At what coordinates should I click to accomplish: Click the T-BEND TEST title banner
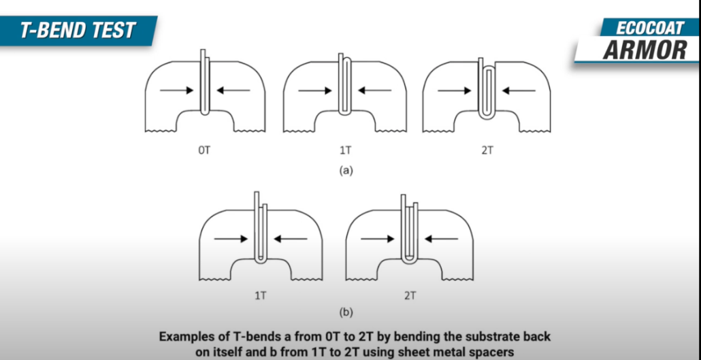(x=78, y=31)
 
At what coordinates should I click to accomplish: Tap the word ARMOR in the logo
(x=645, y=50)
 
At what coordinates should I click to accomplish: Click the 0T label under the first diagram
(x=204, y=150)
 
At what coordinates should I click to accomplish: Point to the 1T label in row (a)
(x=344, y=150)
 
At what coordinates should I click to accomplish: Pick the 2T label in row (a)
(x=487, y=150)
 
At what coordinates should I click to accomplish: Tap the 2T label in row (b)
(x=410, y=296)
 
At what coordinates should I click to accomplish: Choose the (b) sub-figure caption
(x=346, y=312)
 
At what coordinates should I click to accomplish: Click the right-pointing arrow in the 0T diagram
(x=176, y=91)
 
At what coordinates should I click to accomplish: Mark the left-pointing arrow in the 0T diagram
(x=233, y=91)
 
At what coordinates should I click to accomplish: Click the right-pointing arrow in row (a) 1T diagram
(x=315, y=91)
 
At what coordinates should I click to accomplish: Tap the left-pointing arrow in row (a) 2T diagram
(x=519, y=91)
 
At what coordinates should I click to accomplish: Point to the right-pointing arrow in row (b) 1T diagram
(x=231, y=239)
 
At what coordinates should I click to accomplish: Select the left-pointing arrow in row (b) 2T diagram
(x=441, y=240)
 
